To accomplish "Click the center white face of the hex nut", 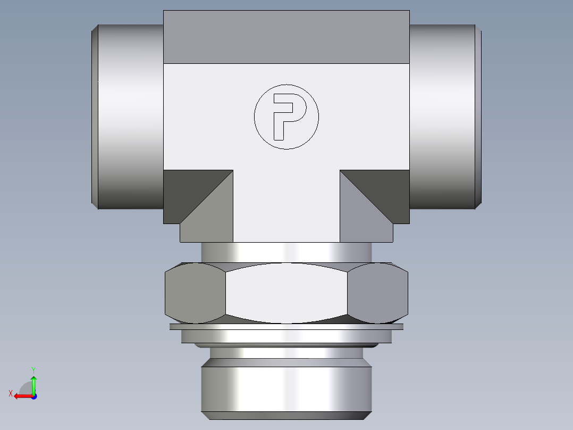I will pyautogui.click(x=286, y=293).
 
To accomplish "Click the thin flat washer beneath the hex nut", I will pyautogui.click(x=286, y=327).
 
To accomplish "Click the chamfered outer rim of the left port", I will pyautogui.click(x=95, y=117).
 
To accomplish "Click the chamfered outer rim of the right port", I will pyautogui.click(x=478, y=117).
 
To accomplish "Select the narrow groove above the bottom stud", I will pyautogui.click(x=286, y=353).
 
